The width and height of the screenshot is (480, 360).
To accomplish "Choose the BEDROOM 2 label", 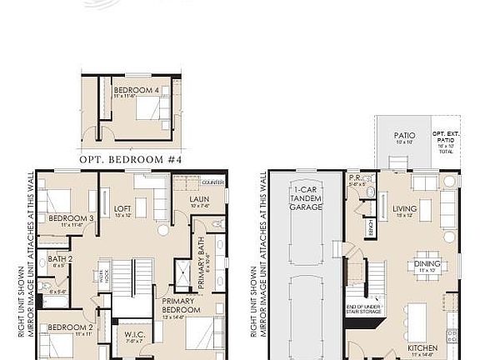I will (65, 327).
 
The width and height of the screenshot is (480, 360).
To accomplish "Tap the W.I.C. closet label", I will (133, 335).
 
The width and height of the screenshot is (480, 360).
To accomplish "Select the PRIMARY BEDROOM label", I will (178, 306).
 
